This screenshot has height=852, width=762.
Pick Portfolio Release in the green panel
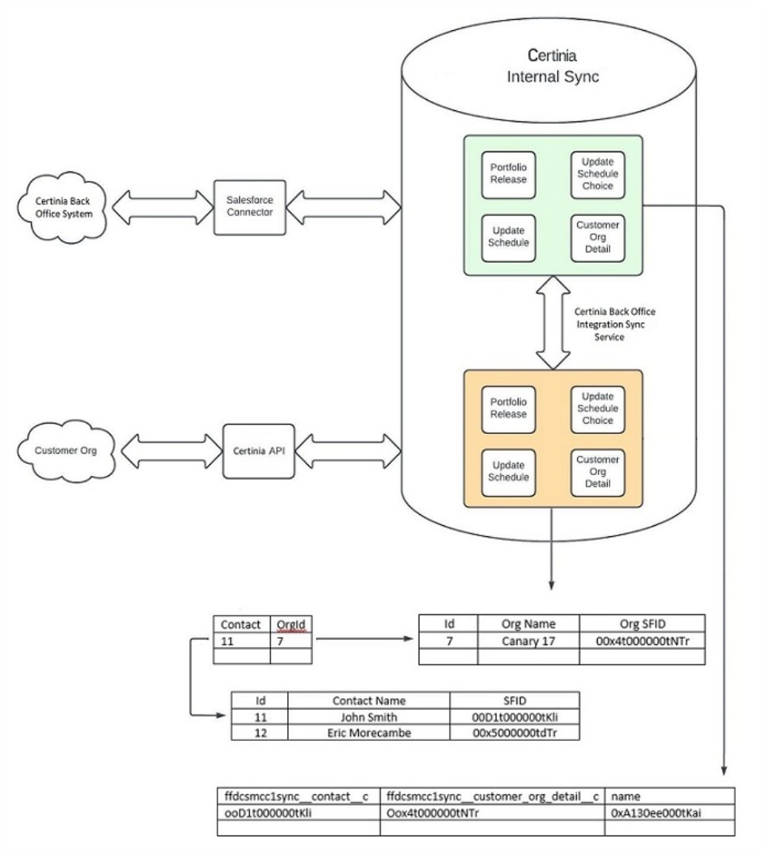[508, 173]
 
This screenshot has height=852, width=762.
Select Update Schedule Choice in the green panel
[598, 173]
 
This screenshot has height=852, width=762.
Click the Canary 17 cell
[528, 639]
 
